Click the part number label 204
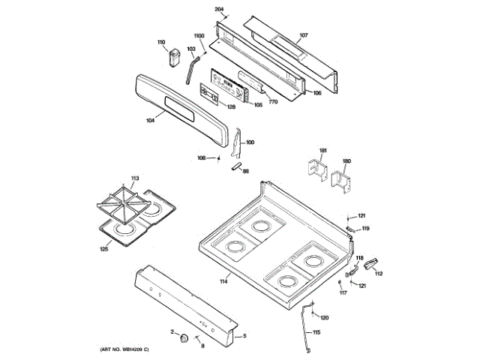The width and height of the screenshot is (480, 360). click(219, 9)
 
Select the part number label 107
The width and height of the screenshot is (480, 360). click(304, 35)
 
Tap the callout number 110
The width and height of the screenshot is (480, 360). click(160, 42)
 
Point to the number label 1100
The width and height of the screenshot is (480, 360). click(199, 36)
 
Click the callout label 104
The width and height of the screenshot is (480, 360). click(150, 119)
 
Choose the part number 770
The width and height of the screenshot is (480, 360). click(274, 100)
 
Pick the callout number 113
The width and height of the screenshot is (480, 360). click(135, 178)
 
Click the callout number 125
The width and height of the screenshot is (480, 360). click(104, 249)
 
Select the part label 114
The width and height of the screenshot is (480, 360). click(223, 281)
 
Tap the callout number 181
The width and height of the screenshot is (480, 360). click(323, 151)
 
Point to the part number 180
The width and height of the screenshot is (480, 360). click(346, 161)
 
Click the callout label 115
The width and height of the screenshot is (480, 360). click(316, 332)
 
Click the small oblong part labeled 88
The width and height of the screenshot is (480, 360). click(236, 166)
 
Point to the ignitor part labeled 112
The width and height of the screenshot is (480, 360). click(369, 262)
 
